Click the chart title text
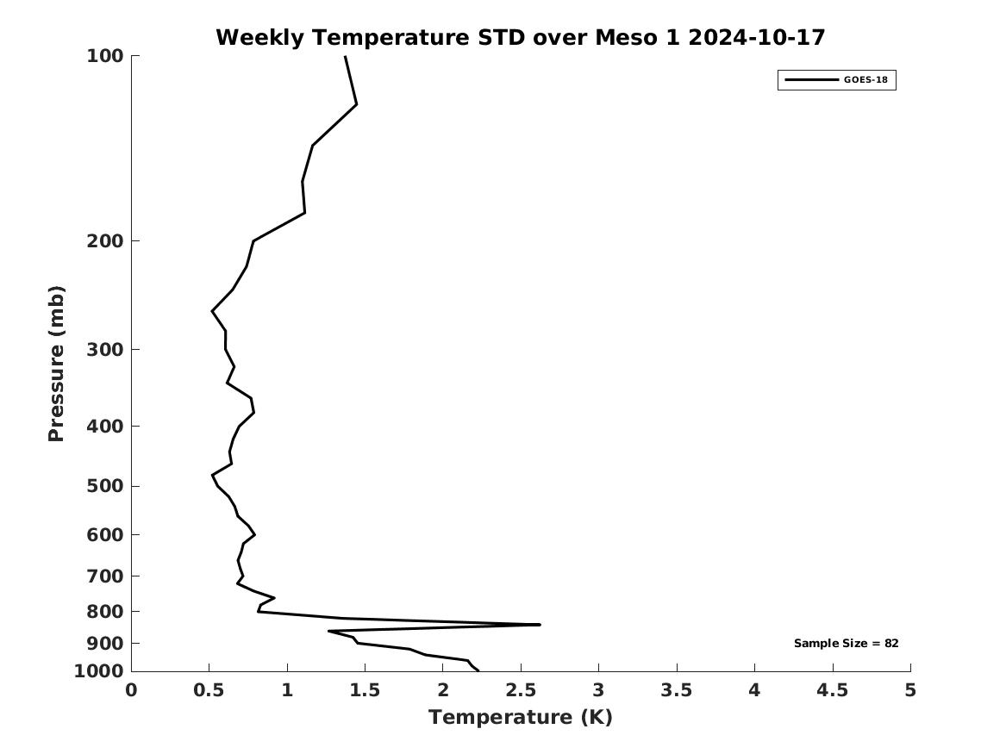point(520,38)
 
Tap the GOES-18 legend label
point(865,80)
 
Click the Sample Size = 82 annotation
point(846,643)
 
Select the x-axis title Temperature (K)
point(520,717)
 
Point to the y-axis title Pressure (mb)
point(57,363)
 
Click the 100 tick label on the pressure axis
point(104,56)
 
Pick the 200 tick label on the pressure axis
point(104,240)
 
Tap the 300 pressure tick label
point(104,349)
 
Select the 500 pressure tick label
point(104,486)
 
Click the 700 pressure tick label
point(104,576)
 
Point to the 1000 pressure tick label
point(99,671)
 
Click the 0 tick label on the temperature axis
point(131,689)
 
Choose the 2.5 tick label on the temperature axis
point(521,689)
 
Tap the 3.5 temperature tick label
point(677,689)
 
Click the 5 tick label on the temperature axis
point(910,689)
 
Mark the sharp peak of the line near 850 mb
point(539,624)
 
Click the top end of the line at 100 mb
point(345,57)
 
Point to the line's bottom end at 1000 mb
point(478,670)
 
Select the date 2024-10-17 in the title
point(756,38)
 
